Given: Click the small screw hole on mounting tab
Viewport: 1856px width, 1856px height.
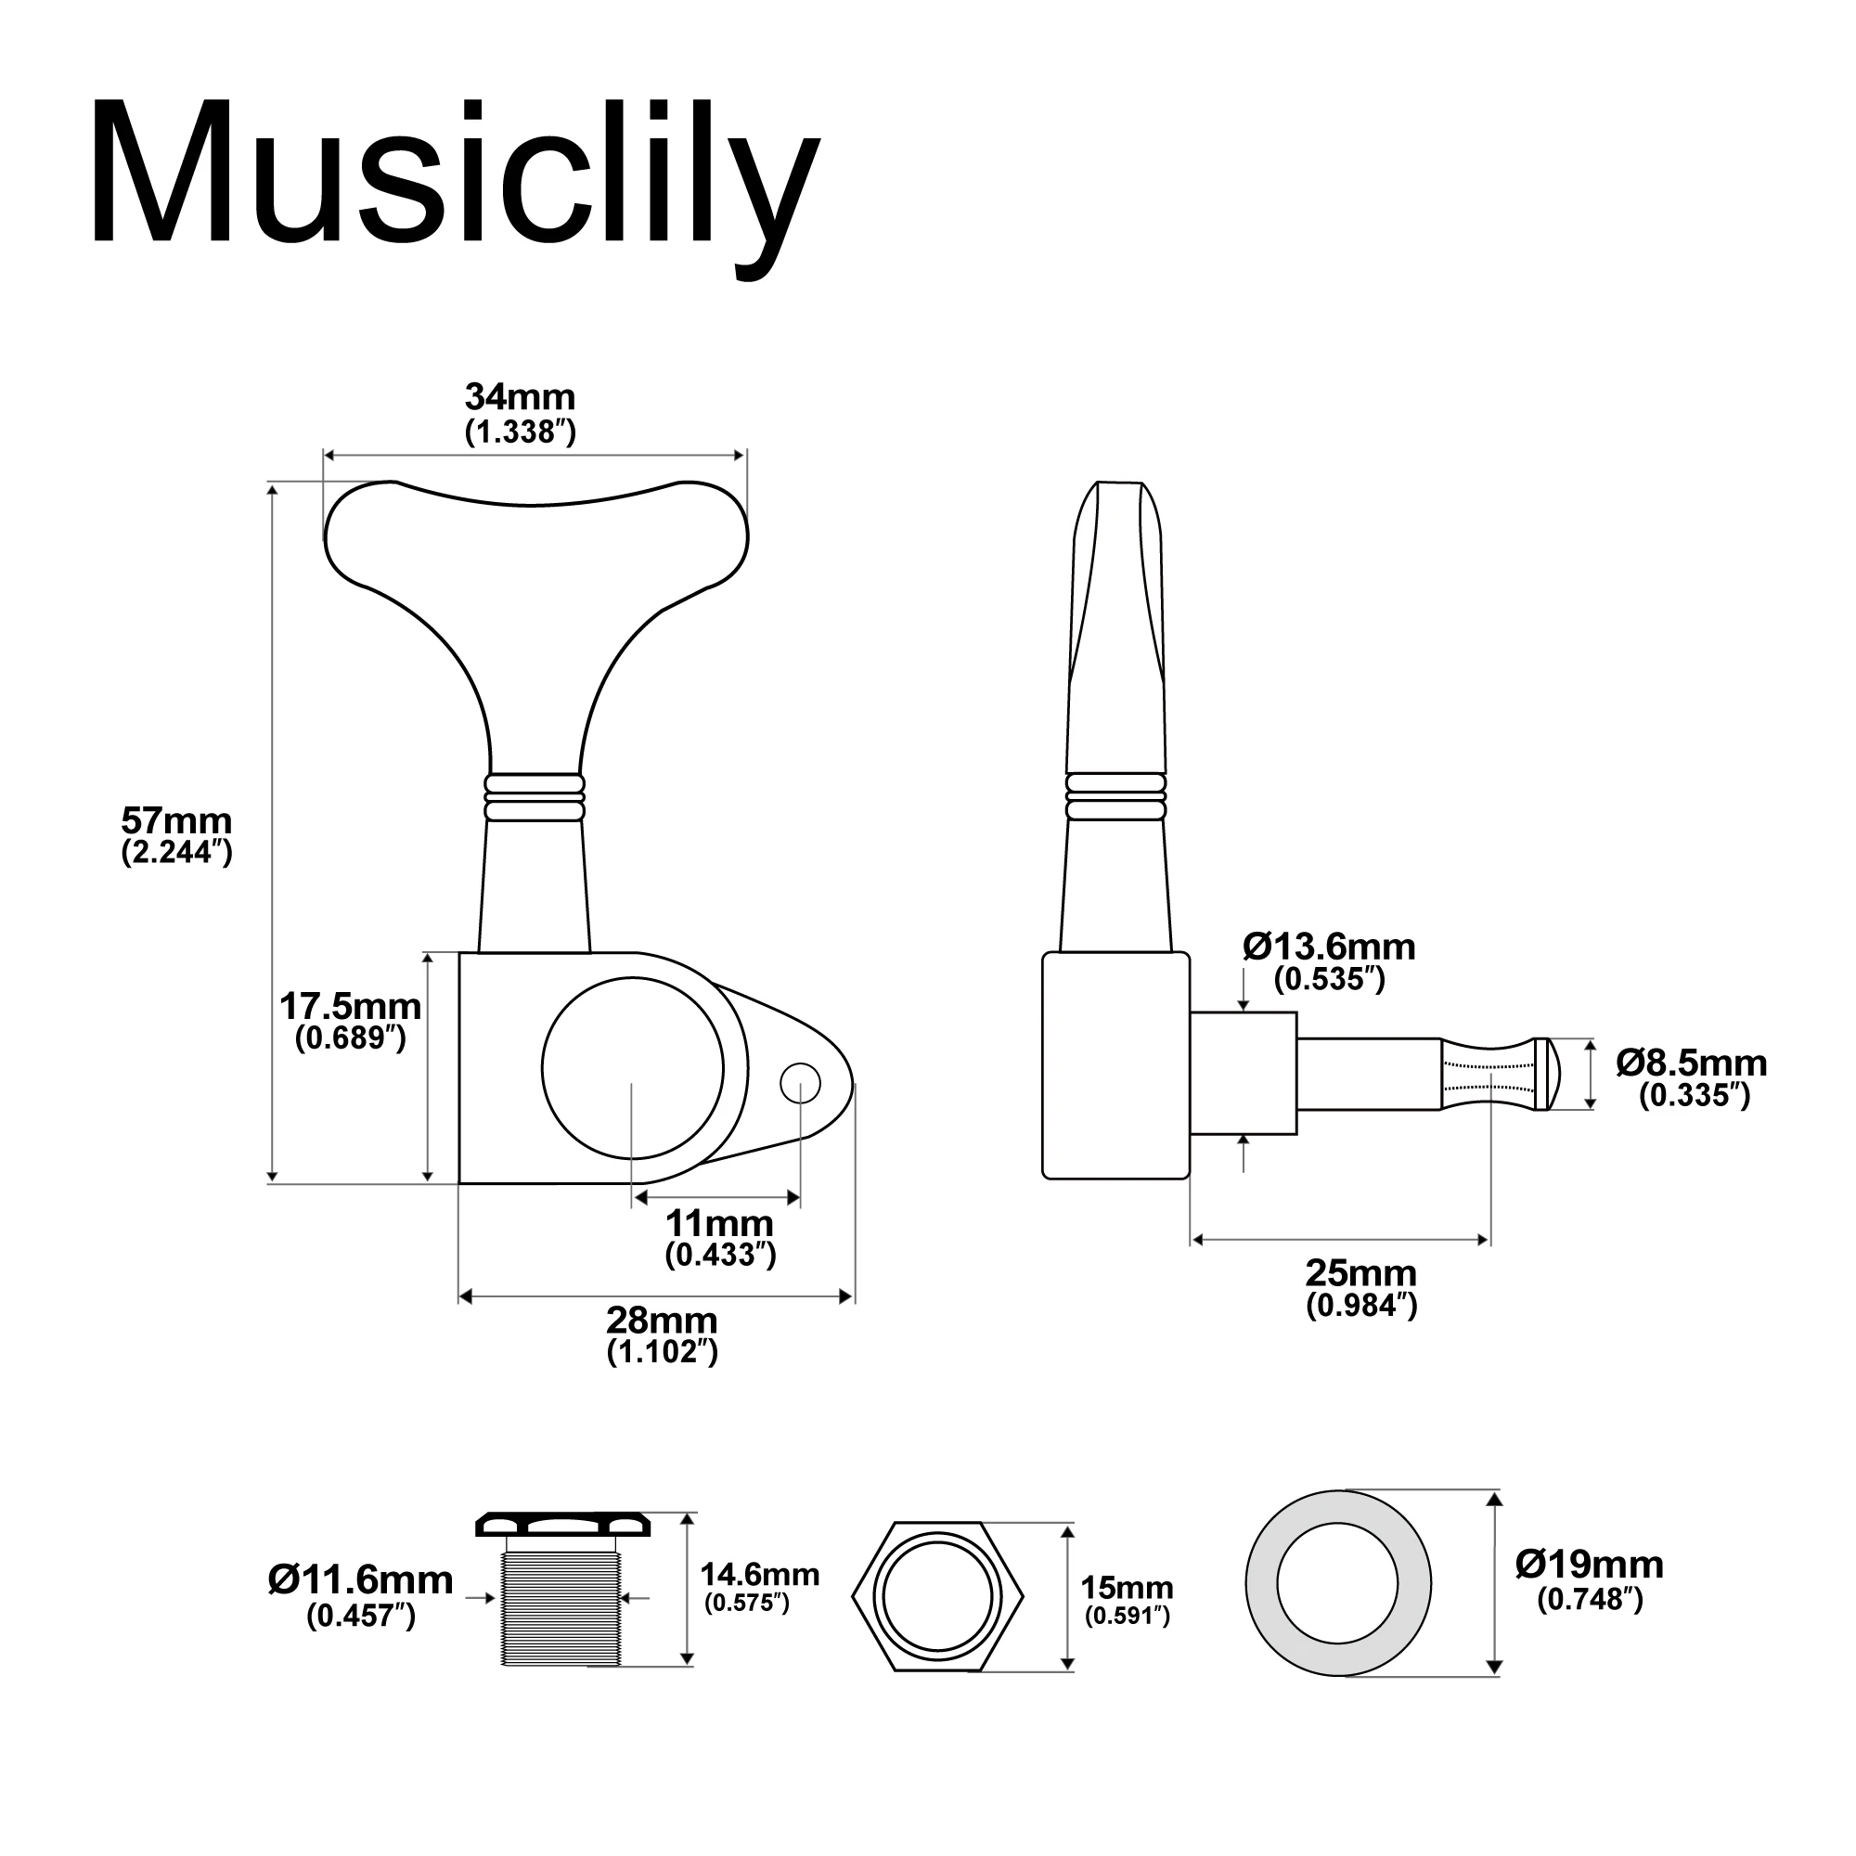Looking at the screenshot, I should pos(800,1084).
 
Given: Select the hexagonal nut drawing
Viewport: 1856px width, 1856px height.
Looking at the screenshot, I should pos(937,1596).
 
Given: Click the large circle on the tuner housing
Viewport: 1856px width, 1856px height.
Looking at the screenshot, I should pos(632,1068).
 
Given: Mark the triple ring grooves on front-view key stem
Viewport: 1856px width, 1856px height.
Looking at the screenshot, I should pos(535,797).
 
